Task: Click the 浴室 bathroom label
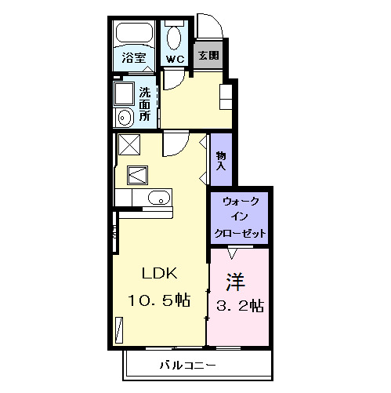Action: pyautogui.click(x=134, y=57)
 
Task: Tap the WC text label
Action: pyautogui.click(x=174, y=57)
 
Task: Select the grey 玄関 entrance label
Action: pyautogui.click(x=208, y=56)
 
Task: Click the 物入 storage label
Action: pyautogui.click(x=221, y=161)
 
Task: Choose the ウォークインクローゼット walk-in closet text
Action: pyautogui.click(x=241, y=218)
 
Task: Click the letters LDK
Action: pyautogui.click(x=160, y=274)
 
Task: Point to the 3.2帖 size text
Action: pyautogui.click(x=239, y=305)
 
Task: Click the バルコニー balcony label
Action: pyautogui.click(x=188, y=366)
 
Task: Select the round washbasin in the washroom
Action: pyautogui.click(x=125, y=118)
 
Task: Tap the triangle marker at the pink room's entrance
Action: pyautogui.click(x=232, y=253)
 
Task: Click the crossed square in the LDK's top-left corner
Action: pyautogui.click(x=128, y=144)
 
